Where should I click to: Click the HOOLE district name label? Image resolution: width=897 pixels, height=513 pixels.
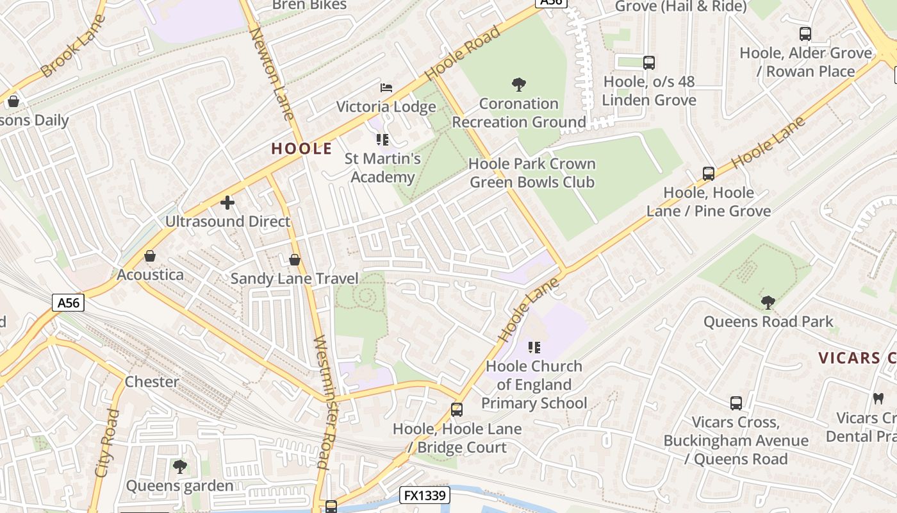click(301, 149)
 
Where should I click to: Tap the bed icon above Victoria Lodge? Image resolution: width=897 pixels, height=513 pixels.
click(386, 88)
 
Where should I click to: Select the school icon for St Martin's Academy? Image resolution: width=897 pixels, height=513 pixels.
click(383, 140)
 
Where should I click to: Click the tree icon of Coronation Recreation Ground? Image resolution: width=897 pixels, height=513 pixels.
click(519, 84)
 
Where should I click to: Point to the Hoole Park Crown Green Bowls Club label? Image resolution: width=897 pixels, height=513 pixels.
click(532, 173)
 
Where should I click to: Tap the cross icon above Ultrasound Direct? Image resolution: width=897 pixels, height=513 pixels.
click(227, 203)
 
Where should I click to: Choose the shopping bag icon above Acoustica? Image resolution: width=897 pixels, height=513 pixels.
click(150, 256)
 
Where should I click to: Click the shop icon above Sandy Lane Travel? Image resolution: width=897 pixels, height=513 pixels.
click(295, 260)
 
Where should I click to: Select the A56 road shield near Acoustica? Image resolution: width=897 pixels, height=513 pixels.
click(68, 303)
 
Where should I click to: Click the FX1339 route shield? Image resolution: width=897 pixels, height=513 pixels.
click(425, 495)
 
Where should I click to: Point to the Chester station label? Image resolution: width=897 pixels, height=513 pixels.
click(152, 382)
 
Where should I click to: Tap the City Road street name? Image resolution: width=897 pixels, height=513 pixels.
click(107, 442)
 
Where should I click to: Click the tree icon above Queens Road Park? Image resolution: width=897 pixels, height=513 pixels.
click(768, 302)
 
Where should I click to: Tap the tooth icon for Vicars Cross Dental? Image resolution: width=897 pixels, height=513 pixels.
click(878, 398)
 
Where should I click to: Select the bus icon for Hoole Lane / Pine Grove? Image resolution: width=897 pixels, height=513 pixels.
click(708, 173)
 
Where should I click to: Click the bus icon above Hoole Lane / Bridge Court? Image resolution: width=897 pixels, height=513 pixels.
click(457, 409)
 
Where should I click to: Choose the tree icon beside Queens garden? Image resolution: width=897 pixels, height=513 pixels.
click(180, 466)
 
